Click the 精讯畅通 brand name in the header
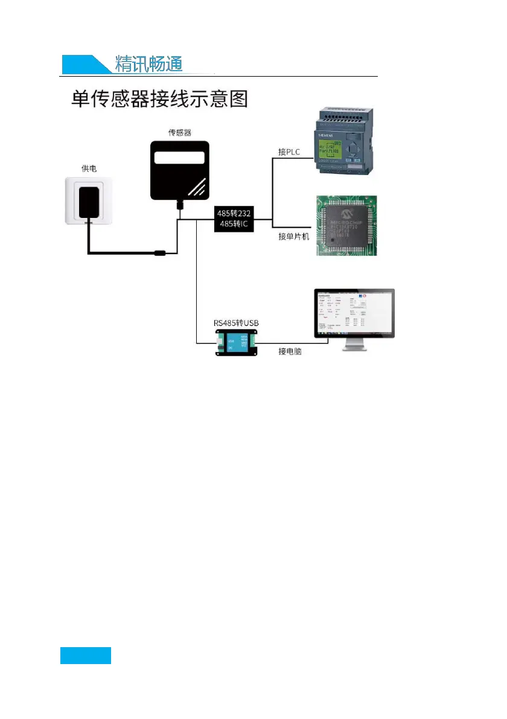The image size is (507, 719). point(148,65)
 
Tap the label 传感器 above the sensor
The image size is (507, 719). point(179,132)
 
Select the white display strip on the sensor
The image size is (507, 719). point(179,158)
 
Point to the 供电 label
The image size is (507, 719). point(89,168)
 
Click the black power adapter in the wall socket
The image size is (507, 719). point(89,202)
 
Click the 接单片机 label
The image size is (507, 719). point(293,236)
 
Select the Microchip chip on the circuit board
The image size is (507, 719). point(347,225)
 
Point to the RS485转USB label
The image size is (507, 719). point(236,324)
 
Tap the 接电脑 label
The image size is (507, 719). point(290,351)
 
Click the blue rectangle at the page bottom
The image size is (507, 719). point(85,655)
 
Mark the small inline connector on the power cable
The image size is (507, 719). point(160,254)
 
